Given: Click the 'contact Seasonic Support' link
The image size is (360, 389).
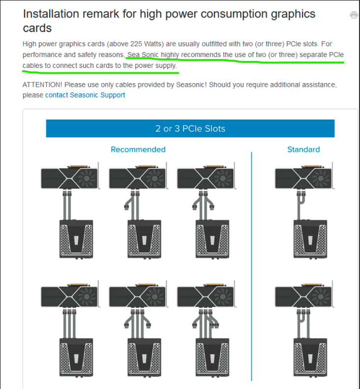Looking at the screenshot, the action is click(85, 95).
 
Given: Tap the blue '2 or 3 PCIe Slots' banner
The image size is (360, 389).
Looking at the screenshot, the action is click(190, 128).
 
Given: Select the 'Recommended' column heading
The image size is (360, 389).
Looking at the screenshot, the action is click(138, 150).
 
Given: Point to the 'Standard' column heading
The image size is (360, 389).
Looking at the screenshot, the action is click(303, 150).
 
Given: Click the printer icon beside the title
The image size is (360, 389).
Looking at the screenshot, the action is click(354, 15).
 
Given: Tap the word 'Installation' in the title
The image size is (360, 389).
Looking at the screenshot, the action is click(51, 14).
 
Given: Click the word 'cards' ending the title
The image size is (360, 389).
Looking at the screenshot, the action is click(37, 28).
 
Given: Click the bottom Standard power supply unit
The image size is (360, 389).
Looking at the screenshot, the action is click(310, 358).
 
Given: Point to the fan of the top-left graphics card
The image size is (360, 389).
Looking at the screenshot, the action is click(87, 178).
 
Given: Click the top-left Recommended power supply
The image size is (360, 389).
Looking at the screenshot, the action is click(76, 239).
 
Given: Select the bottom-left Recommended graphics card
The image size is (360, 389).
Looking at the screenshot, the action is click(70, 295).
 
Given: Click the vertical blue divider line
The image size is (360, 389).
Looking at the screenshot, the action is click(252, 266).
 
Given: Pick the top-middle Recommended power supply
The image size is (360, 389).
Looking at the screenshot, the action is click(145, 239).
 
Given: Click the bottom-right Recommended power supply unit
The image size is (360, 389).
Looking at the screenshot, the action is click(212, 358).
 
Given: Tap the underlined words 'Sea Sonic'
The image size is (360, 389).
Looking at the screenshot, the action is click(143, 55).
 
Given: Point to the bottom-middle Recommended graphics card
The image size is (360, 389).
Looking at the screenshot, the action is click(138, 295).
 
